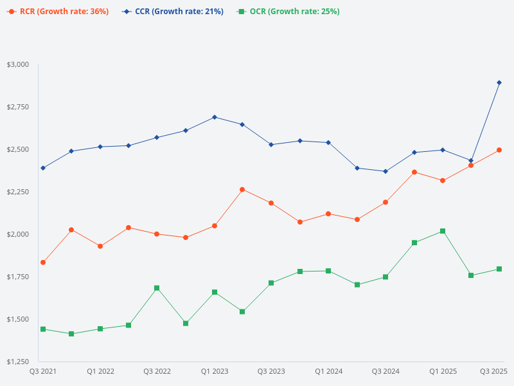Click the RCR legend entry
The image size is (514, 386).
(58, 12)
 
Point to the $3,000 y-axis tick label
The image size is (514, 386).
(17, 64)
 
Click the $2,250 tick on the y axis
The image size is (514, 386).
(17, 192)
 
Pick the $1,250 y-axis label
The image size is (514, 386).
(17, 362)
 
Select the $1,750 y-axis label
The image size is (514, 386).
(17, 277)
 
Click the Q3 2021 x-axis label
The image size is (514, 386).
(43, 371)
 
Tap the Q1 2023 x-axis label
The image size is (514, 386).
(215, 371)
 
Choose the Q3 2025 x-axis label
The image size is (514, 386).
(494, 371)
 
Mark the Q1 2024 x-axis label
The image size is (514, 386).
(328, 371)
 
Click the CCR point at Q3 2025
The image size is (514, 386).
(499, 82)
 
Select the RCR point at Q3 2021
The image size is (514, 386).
(43, 262)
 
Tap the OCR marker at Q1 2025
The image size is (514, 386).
(443, 231)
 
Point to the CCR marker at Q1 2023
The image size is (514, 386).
(215, 117)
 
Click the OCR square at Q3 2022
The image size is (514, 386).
(157, 288)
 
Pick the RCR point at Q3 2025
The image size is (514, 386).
(499, 150)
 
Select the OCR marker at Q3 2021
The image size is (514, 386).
(43, 329)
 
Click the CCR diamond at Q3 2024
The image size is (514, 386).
(385, 171)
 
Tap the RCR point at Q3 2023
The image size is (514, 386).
(271, 203)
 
